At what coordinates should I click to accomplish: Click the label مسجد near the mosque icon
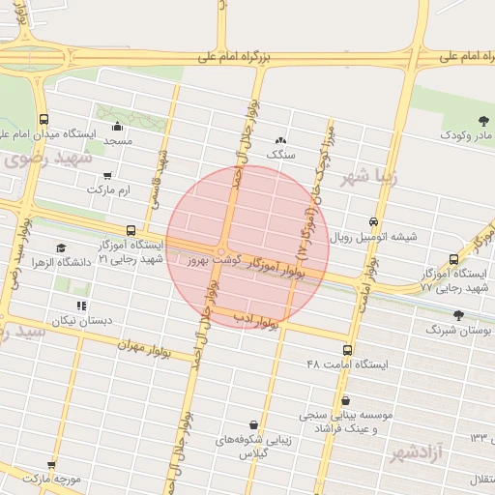pos(118,141)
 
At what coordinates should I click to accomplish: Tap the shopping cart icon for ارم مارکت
pos(107,176)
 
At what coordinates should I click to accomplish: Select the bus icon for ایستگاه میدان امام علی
pos(44,120)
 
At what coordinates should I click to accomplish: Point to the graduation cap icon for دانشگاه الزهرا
pos(62,248)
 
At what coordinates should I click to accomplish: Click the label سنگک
pos(281,154)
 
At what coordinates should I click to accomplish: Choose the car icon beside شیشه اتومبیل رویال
pos(375,221)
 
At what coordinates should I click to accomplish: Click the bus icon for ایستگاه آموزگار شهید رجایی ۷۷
pos(454,259)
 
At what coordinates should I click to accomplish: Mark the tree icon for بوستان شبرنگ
pos(458,315)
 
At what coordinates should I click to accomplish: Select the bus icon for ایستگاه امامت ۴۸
pos(347,350)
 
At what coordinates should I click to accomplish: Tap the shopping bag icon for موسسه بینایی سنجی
pos(346,400)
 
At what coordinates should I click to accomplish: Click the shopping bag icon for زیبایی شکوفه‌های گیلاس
pos(252,425)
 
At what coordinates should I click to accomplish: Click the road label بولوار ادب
pos(257,321)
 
